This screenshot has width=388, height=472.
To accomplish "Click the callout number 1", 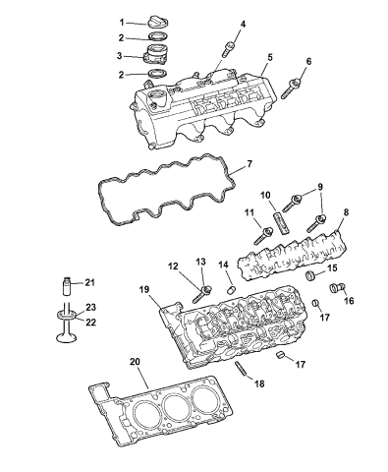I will pyautogui.click(x=124, y=21).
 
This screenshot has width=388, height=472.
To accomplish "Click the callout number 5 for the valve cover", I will pyautogui.click(x=267, y=57).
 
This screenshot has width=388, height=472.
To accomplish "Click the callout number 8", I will pyautogui.click(x=344, y=211).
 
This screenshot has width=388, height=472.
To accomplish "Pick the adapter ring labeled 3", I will pyautogui.click(x=158, y=55).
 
